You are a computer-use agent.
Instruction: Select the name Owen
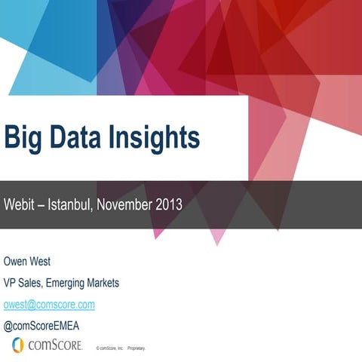17,262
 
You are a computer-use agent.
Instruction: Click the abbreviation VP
12,283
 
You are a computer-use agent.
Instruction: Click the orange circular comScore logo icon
17,345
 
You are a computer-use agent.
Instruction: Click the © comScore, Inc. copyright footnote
109,348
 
